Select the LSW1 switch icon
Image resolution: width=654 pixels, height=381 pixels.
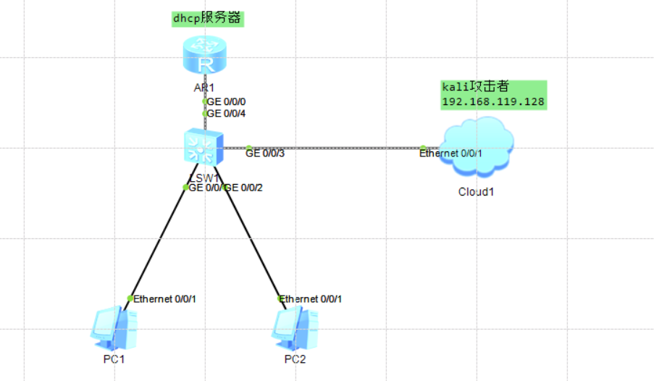(x=204, y=147)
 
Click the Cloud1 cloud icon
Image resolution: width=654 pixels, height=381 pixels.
(x=479, y=148)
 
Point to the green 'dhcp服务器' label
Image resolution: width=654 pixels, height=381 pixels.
(x=207, y=19)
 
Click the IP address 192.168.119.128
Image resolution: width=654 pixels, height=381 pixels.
(x=492, y=102)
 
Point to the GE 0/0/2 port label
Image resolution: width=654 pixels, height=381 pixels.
(x=243, y=188)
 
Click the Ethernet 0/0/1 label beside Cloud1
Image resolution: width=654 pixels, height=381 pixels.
(x=451, y=153)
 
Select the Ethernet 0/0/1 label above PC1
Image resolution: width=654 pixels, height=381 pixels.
(x=165, y=298)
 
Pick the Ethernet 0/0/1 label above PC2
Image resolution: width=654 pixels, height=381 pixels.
(x=311, y=298)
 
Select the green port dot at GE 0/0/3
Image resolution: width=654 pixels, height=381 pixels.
(x=248, y=148)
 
